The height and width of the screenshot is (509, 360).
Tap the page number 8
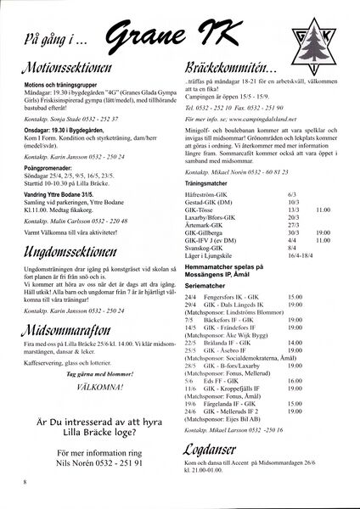click(x=26, y=481)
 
